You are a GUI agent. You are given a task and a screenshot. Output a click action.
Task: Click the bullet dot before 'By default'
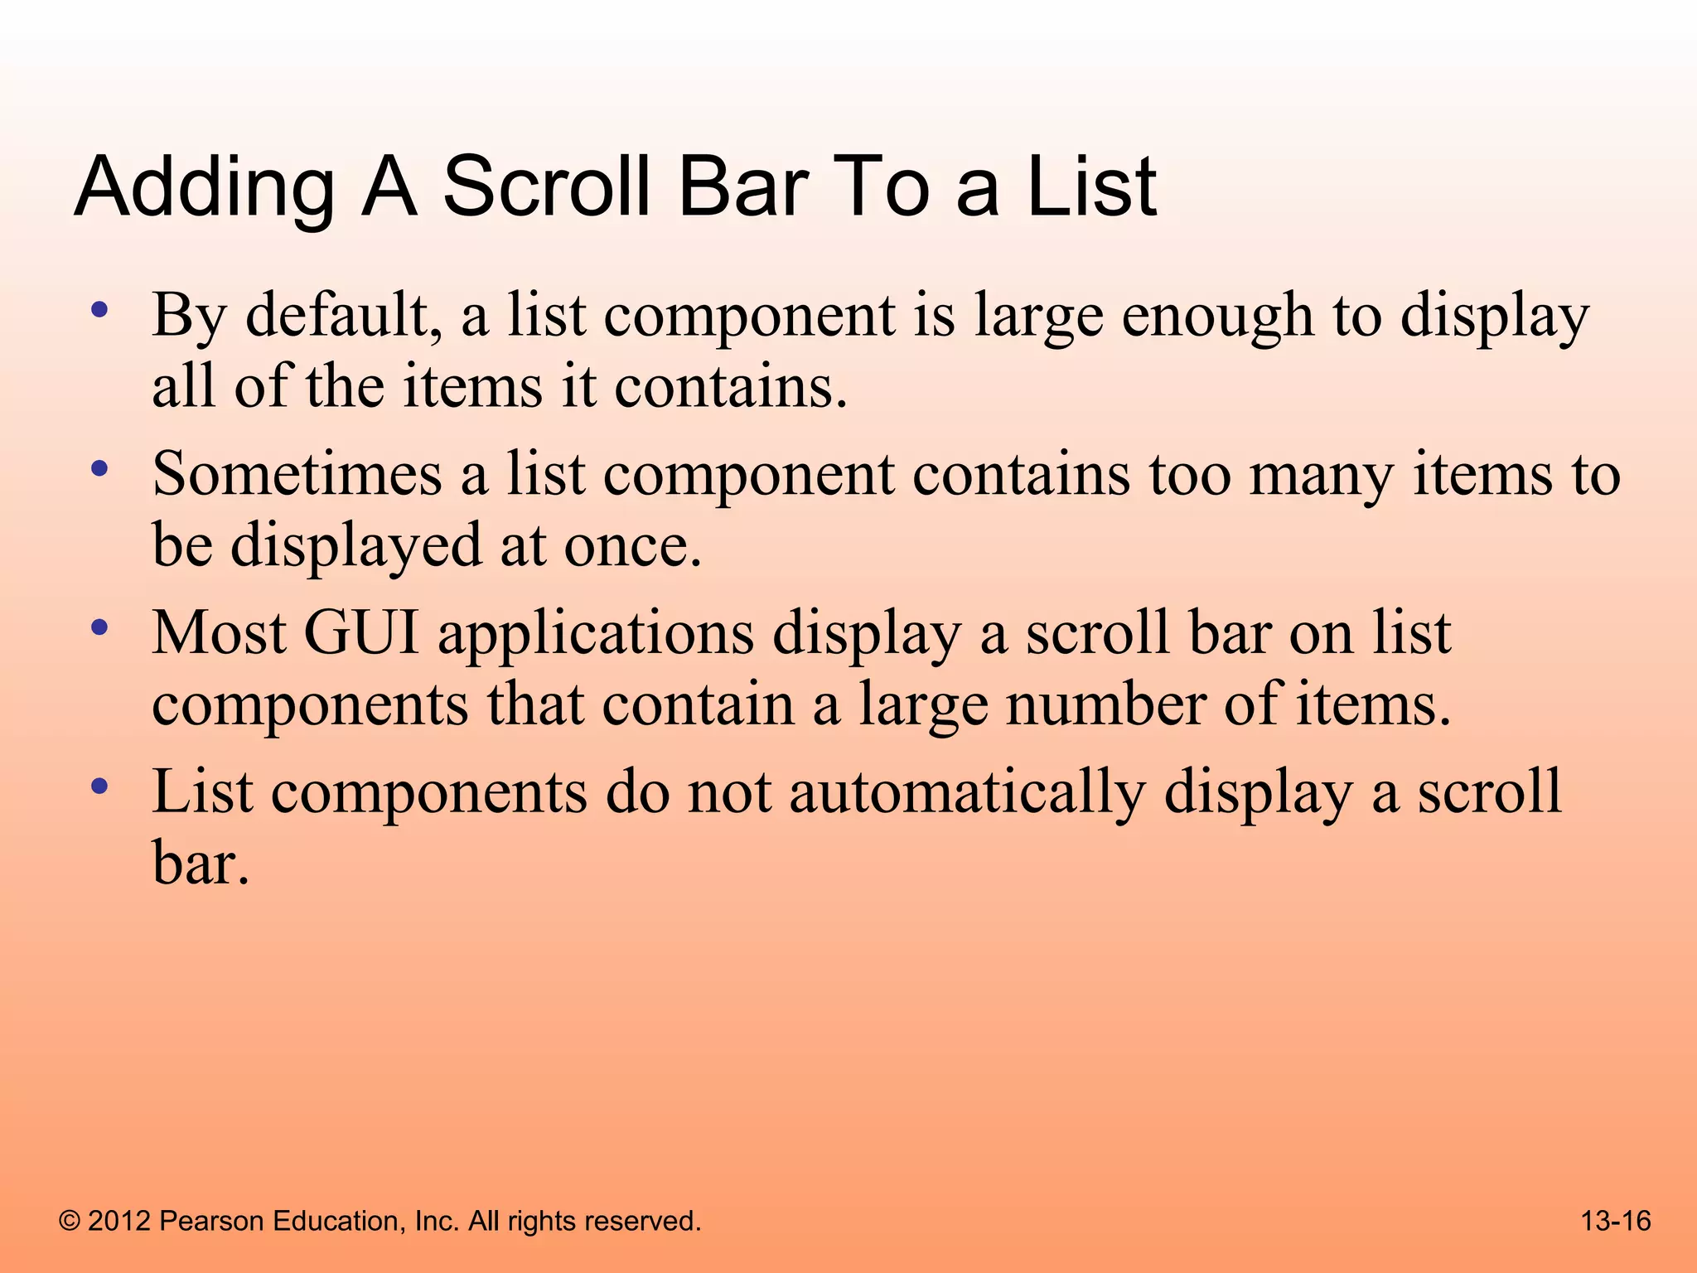(x=99, y=312)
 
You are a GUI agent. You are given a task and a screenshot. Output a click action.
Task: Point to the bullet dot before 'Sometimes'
(x=99, y=470)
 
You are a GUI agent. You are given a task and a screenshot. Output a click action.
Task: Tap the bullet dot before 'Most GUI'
(x=99, y=628)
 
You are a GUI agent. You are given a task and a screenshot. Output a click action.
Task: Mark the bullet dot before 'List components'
(x=99, y=787)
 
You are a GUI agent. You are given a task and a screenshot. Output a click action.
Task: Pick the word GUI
(x=361, y=633)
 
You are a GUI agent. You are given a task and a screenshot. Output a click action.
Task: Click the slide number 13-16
(x=1616, y=1221)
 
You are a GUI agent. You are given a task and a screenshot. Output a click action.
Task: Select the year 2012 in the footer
(x=119, y=1221)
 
